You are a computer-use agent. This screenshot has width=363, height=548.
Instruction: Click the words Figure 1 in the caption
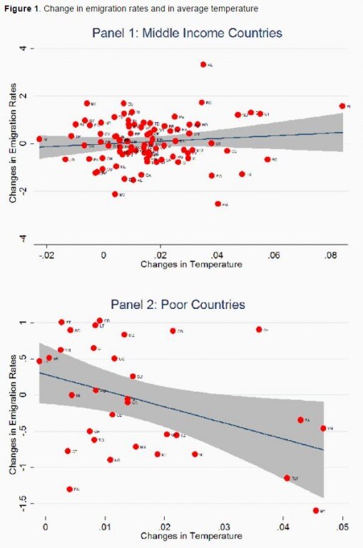[x=20, y=8]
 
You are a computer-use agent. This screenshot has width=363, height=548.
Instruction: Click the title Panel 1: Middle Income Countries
[x=187, y=33]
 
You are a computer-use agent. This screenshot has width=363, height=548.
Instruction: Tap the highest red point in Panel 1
[x=203, y=64]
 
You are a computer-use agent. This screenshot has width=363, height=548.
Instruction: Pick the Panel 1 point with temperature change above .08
[x=342, y=106]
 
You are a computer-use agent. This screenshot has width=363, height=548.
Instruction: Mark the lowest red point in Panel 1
[x=218, y=203]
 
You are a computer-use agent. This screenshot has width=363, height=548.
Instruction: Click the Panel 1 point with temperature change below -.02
[x=40, y=139]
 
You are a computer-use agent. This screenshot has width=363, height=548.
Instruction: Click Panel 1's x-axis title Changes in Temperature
[x=191, y=265]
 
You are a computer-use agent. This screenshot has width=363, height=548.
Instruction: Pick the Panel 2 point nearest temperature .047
[x=323, y=428]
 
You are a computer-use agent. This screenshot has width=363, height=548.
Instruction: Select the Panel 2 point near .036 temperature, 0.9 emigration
[x=259, y=329]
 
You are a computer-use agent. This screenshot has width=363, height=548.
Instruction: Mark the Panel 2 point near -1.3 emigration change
[x=70, y=489]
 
